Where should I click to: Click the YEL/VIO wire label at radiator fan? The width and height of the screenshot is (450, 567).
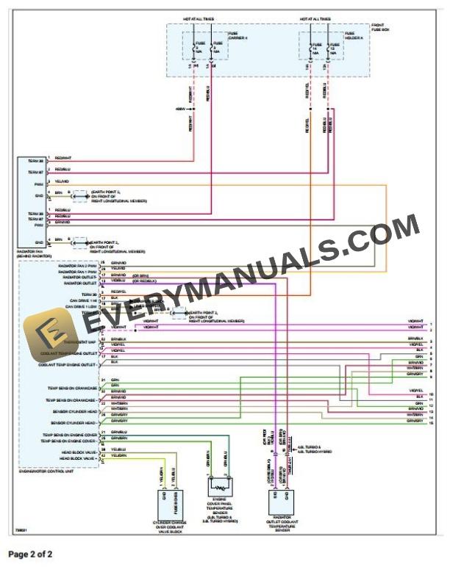pyautogui.click(x=62, y=181)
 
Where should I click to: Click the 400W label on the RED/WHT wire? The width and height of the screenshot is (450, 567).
pyautogui.click(x=181, y=109)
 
